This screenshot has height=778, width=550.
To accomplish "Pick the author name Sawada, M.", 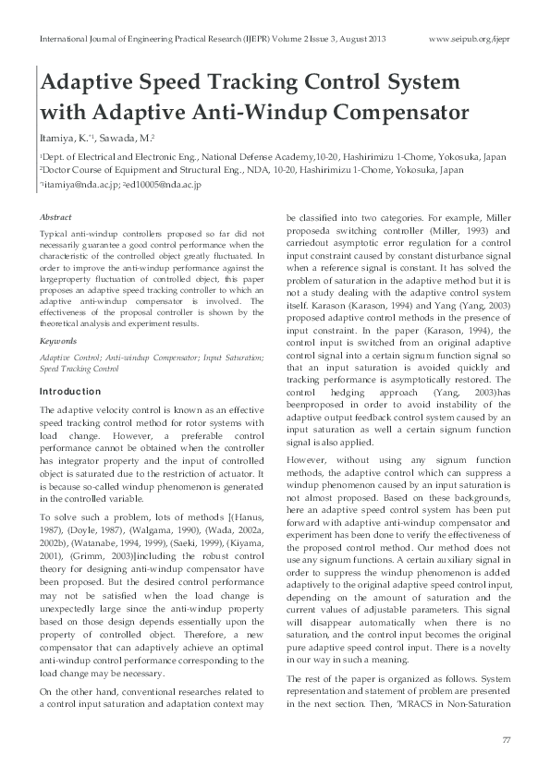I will pos(116,139).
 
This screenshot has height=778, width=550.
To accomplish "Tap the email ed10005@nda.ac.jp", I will pos(163,185).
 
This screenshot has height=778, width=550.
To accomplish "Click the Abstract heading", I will pos(55,216).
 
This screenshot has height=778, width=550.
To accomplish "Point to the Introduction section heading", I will pos(70,392).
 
